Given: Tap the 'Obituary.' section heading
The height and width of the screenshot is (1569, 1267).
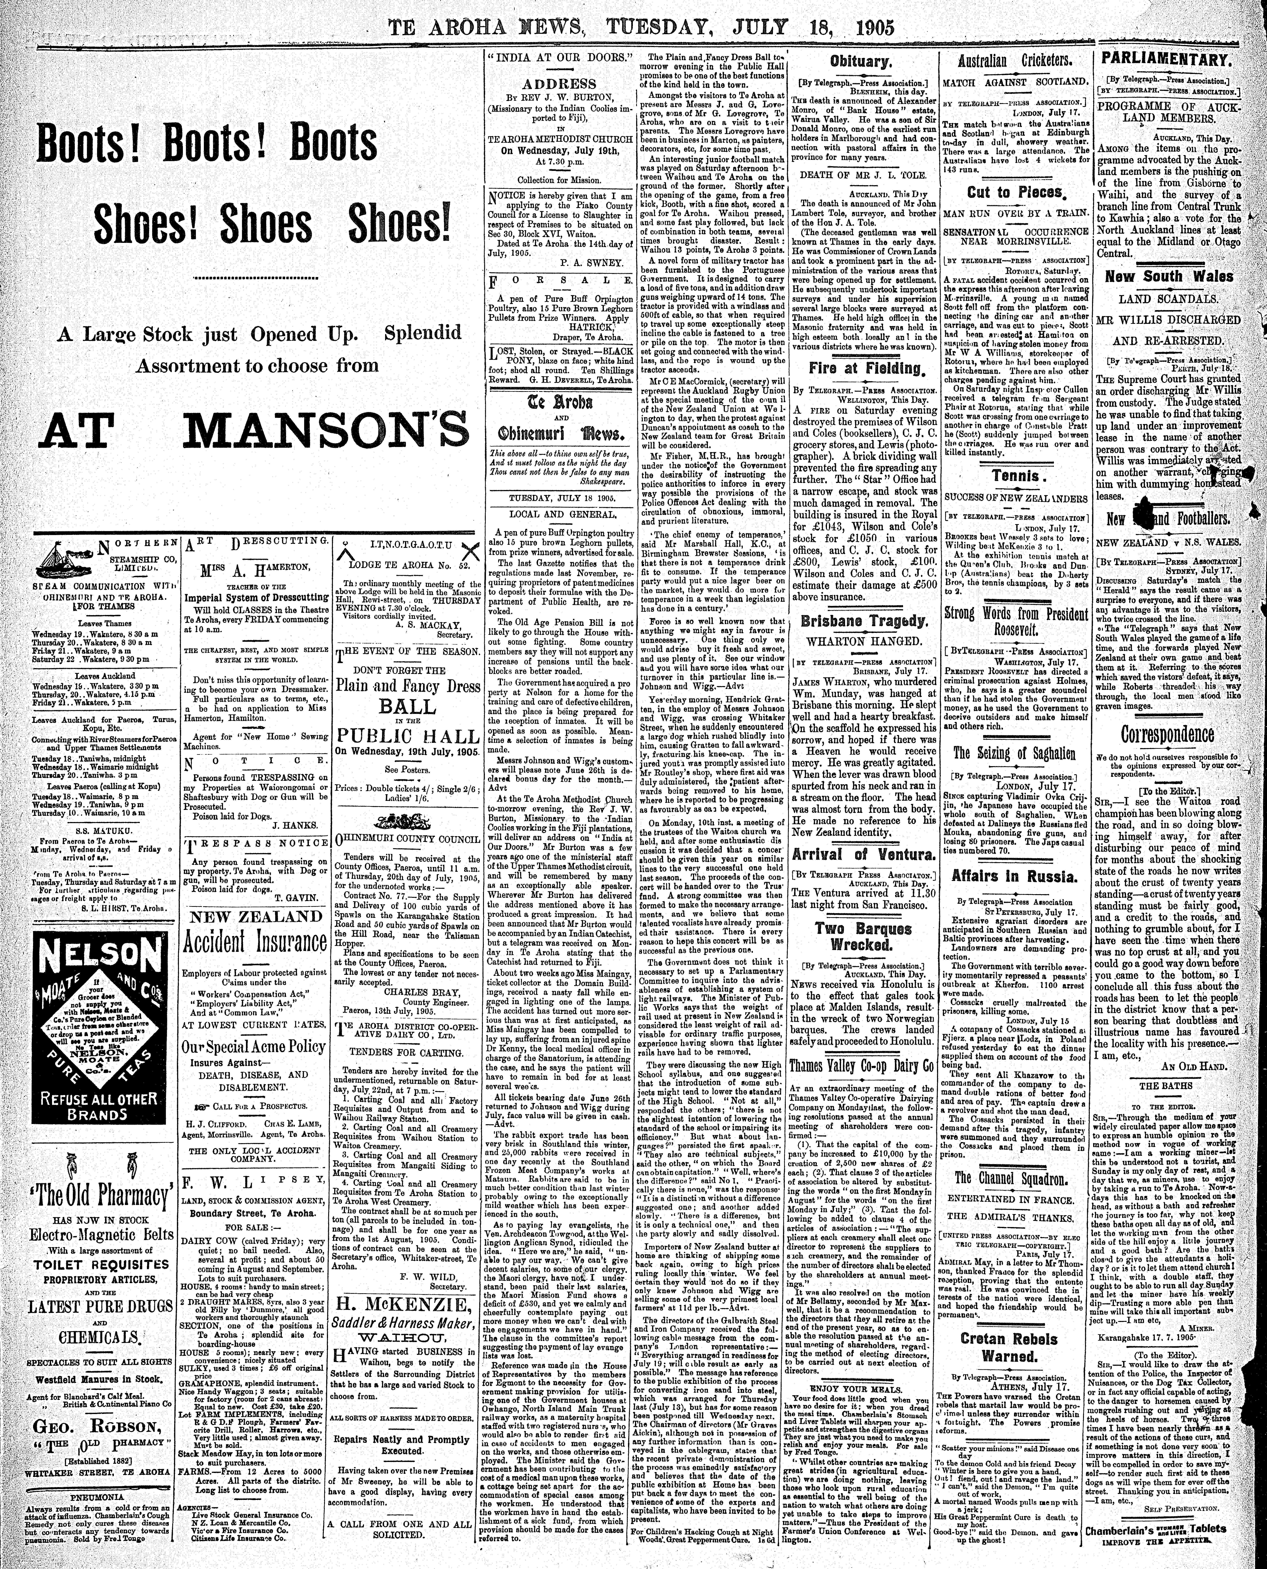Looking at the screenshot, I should click(858, 63).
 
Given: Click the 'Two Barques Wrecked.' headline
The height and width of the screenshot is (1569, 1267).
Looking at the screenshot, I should click(863, 937).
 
